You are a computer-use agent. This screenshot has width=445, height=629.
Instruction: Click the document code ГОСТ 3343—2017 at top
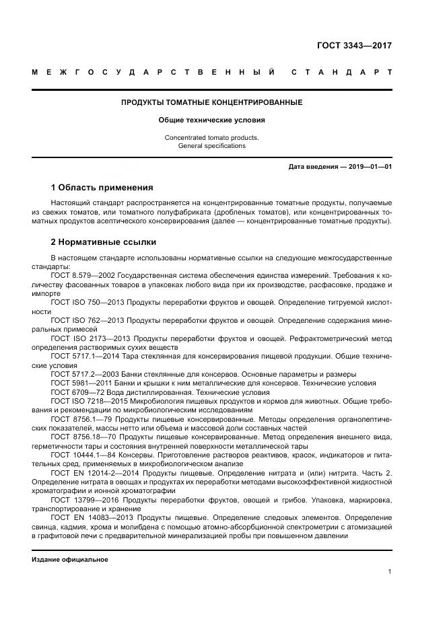tap(354, 46)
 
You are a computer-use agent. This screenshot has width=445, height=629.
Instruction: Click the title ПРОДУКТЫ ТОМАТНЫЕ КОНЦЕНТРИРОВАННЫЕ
tap(211, 103)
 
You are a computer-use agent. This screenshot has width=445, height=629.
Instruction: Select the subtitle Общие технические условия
tap(211, 120)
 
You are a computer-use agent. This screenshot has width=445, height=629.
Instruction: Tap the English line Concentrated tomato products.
tap(211, 137)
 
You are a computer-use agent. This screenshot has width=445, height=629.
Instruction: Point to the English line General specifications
tap(211, 145)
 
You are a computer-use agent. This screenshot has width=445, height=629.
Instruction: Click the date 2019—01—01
tap(370, 166)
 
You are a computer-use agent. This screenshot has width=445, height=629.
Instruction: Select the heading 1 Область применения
tap(102, 187)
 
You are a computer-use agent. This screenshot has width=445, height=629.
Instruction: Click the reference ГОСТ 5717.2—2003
tap(81, 373)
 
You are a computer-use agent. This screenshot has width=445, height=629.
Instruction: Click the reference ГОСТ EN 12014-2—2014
tap(93, 474)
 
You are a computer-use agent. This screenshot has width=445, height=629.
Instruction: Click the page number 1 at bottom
tap(390, 571)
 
